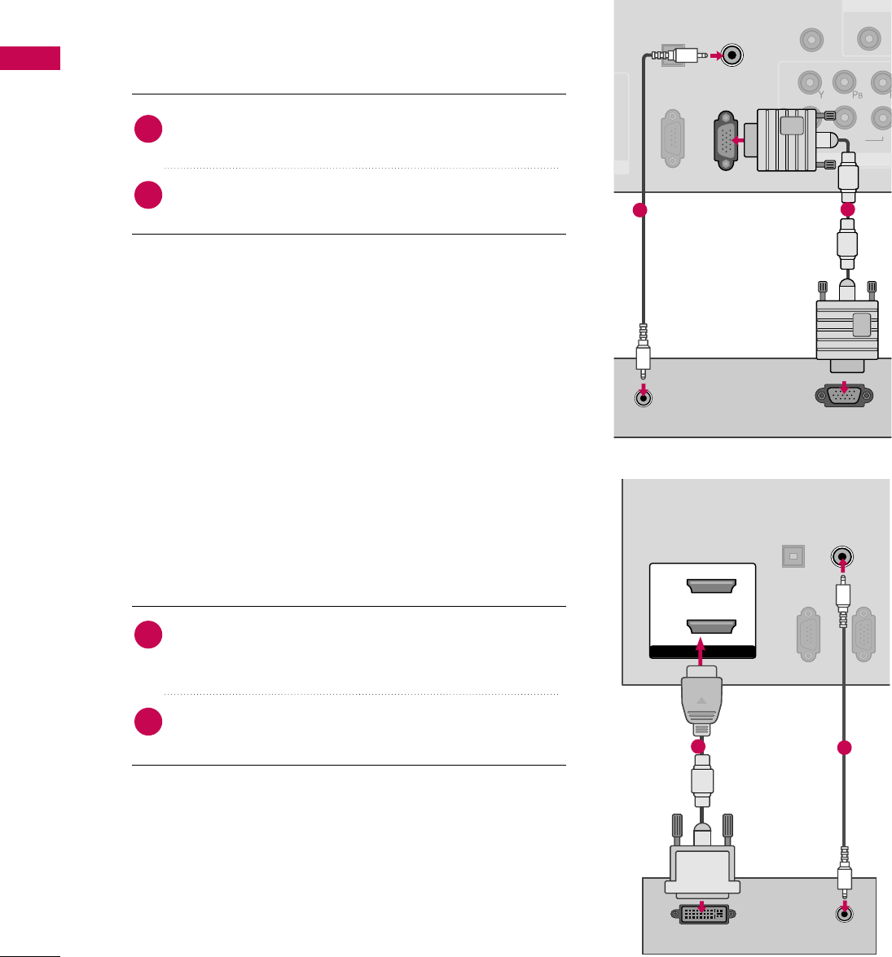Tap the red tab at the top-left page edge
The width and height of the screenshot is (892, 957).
30,58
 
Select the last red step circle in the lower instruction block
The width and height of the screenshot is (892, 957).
148,722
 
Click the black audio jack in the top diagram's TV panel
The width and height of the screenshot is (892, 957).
733,56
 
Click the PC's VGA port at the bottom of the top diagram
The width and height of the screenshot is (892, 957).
844,397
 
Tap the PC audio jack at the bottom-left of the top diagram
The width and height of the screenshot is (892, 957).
644,398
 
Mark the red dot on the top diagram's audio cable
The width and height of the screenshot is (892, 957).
640,211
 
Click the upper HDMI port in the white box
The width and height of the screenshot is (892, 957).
712,587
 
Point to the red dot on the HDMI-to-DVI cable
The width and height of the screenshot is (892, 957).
698,747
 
